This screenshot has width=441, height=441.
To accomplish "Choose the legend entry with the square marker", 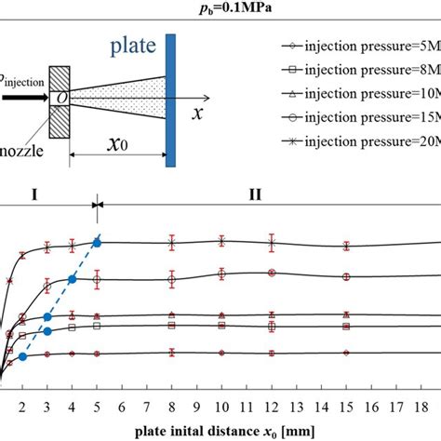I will click(x=354, y=69).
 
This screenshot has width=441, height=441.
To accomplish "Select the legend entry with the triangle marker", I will click(x=354, y=93).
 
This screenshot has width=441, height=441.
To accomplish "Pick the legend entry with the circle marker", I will click(x=354, y=117).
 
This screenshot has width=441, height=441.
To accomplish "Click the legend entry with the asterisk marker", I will click(x=354, y=141).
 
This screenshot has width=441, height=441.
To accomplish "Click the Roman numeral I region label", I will click(x=33, y=197).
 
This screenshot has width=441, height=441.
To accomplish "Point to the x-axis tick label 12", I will click(x=271, y=407).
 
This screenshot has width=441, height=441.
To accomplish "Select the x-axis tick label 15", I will click(x=345, y=407).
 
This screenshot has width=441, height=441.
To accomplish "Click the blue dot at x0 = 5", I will click(x=97, y=242).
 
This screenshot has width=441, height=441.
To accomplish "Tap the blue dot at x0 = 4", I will click(x=73, y=278).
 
